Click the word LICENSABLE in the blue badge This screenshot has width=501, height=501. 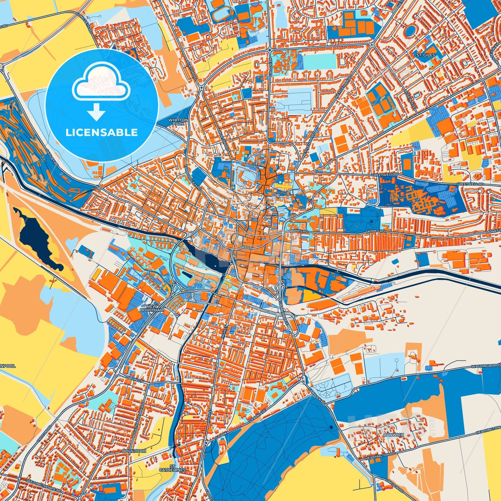pos(102,132)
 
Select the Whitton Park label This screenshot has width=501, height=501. pos(178,122)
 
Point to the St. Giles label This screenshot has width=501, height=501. pos(425,55)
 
